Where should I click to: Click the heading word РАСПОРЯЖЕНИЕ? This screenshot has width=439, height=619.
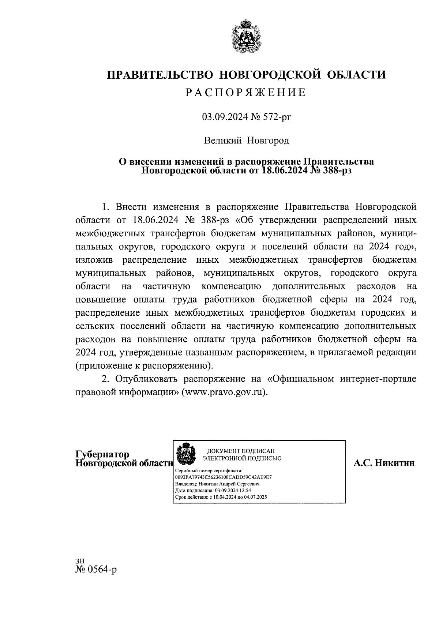pos(245,93)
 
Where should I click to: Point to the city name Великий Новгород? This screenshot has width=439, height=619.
pos(246,140)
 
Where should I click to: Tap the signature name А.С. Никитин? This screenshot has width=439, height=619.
pos(384,463)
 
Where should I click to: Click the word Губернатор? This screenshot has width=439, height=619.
pos(102,454)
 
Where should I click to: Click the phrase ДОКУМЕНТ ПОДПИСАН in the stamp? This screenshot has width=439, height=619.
pos(241,451)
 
